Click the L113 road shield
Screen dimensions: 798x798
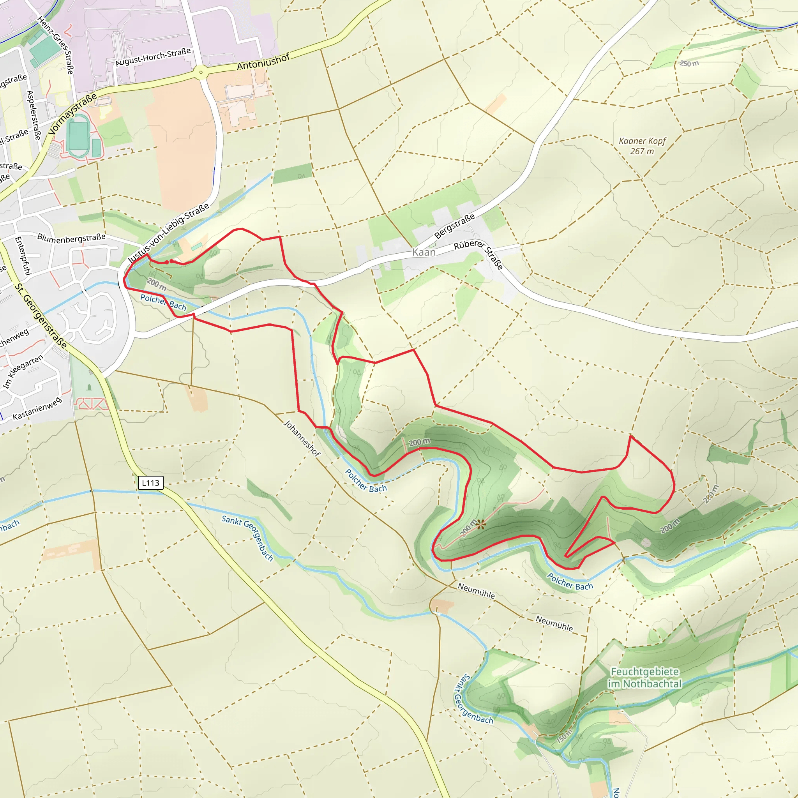point(150,482)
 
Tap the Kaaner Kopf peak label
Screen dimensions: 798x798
point(642,146)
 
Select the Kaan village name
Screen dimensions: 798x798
point(424,252)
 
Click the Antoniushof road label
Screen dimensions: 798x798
point(263,62)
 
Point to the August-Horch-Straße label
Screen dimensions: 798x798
point(153,57)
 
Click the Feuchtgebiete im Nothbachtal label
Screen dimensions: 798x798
point(644,678)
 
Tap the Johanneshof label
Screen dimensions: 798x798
point(302,438)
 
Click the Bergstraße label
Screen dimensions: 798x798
point(454,226)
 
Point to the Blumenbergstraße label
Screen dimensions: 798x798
point(71,238)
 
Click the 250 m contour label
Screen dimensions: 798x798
point(689,63)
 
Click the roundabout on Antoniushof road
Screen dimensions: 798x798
point(201,72)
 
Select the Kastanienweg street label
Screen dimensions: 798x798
point(37,408)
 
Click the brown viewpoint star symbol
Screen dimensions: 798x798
point(480,524)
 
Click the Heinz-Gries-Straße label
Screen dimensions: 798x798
point(56,46)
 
